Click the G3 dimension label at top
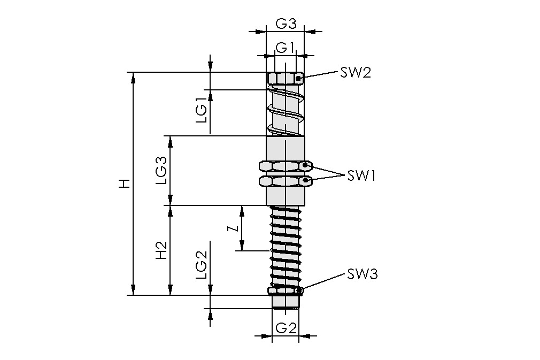pos(286,24)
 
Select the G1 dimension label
pos(284,47)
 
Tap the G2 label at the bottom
pos(286,328)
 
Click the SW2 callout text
pos(355,73)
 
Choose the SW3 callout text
pos(362,274)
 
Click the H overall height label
pos(124,184)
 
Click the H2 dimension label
pos(162,250)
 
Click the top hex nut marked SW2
pos(285,79)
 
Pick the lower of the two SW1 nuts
pos(285,181)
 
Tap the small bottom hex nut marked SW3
pos(285,291)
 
